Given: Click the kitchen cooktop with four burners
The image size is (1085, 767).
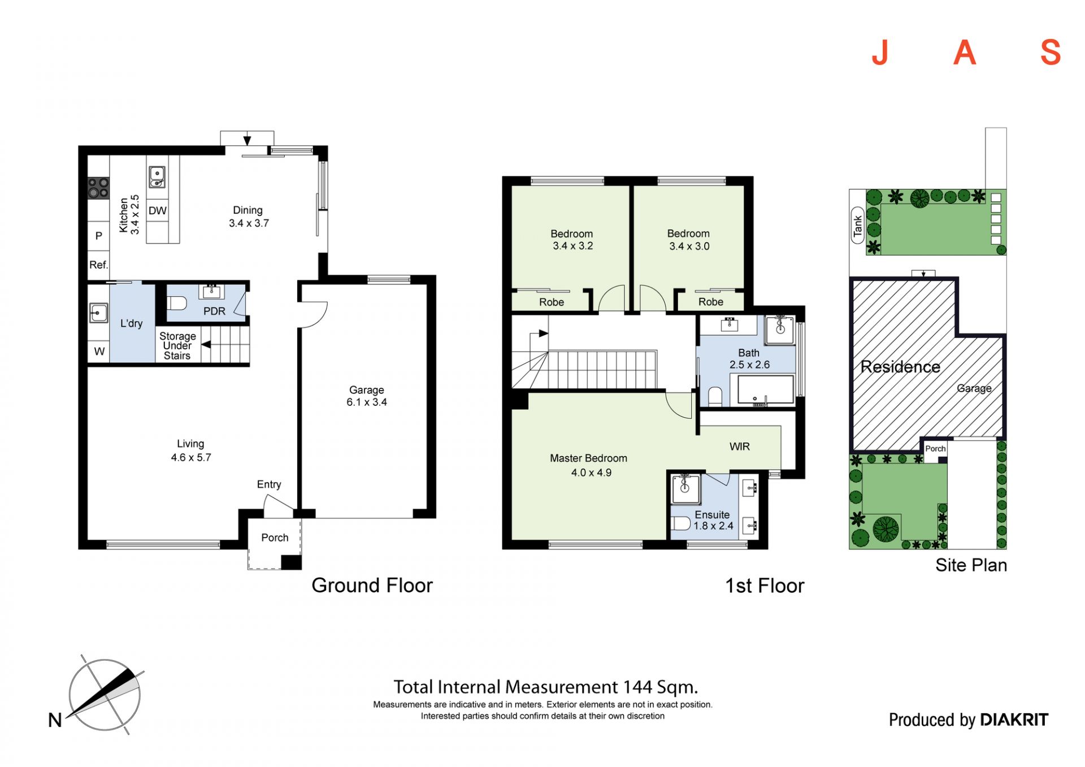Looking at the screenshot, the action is (98, 188).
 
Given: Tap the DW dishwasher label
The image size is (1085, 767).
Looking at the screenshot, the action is (158, 211).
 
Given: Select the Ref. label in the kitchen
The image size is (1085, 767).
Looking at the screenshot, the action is (98, 265).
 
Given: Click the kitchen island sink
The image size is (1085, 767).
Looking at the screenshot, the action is (157, 176).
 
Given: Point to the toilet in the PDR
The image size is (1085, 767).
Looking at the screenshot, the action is (177, 303).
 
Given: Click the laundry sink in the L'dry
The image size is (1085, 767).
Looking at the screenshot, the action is (98, 313).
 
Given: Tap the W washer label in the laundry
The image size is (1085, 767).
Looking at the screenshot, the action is (99, 352).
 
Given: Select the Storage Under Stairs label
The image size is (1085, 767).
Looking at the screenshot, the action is (177, 345).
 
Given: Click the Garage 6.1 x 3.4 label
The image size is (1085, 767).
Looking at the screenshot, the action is (367, 396).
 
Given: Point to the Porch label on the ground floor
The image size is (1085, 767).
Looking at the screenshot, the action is (275, 538).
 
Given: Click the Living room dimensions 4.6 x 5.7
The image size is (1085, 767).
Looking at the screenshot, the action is (191, 457).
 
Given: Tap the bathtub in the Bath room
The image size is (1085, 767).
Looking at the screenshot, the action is (766, 389).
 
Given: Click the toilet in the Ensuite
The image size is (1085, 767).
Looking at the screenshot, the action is (680, 523).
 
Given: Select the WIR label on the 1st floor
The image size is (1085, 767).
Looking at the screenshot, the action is (739, 447).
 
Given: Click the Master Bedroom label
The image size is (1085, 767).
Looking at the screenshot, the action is (588, 458).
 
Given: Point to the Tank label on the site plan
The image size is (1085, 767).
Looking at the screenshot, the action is (858, 226).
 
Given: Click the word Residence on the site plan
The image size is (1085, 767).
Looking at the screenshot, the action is (900, 367).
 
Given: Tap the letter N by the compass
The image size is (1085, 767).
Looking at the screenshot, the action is (55, 720).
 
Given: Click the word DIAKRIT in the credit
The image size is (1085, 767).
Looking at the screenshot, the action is (1014, 720).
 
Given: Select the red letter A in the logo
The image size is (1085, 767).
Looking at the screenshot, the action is (965, 53).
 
